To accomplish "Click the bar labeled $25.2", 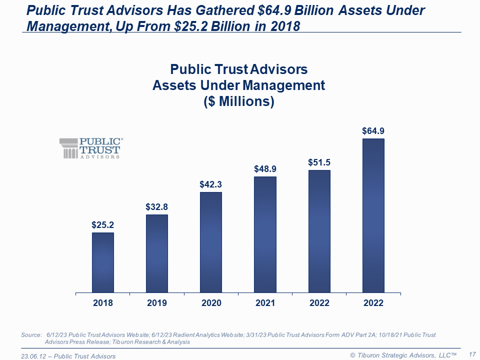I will point(102,262).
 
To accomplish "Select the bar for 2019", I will point(157,253).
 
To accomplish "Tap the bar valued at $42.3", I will point(211,242).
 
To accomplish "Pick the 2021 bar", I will point(265,234).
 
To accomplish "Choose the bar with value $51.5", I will point(319,231).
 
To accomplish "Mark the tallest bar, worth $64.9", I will point(373,215).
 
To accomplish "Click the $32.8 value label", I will point(156,206).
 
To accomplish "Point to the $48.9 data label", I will point(265,168).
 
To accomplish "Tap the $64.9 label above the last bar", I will point(373,131).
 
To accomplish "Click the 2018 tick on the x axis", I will point(102,303).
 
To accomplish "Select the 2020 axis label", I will point(211,303).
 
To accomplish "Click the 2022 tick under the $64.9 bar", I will point(373,303).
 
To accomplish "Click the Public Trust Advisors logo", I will point(90,148).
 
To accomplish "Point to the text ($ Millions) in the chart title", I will point(239,101).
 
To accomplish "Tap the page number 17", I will point(471,354).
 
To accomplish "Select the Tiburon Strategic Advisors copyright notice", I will point(403,355).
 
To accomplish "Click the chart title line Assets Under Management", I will point(239,85).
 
